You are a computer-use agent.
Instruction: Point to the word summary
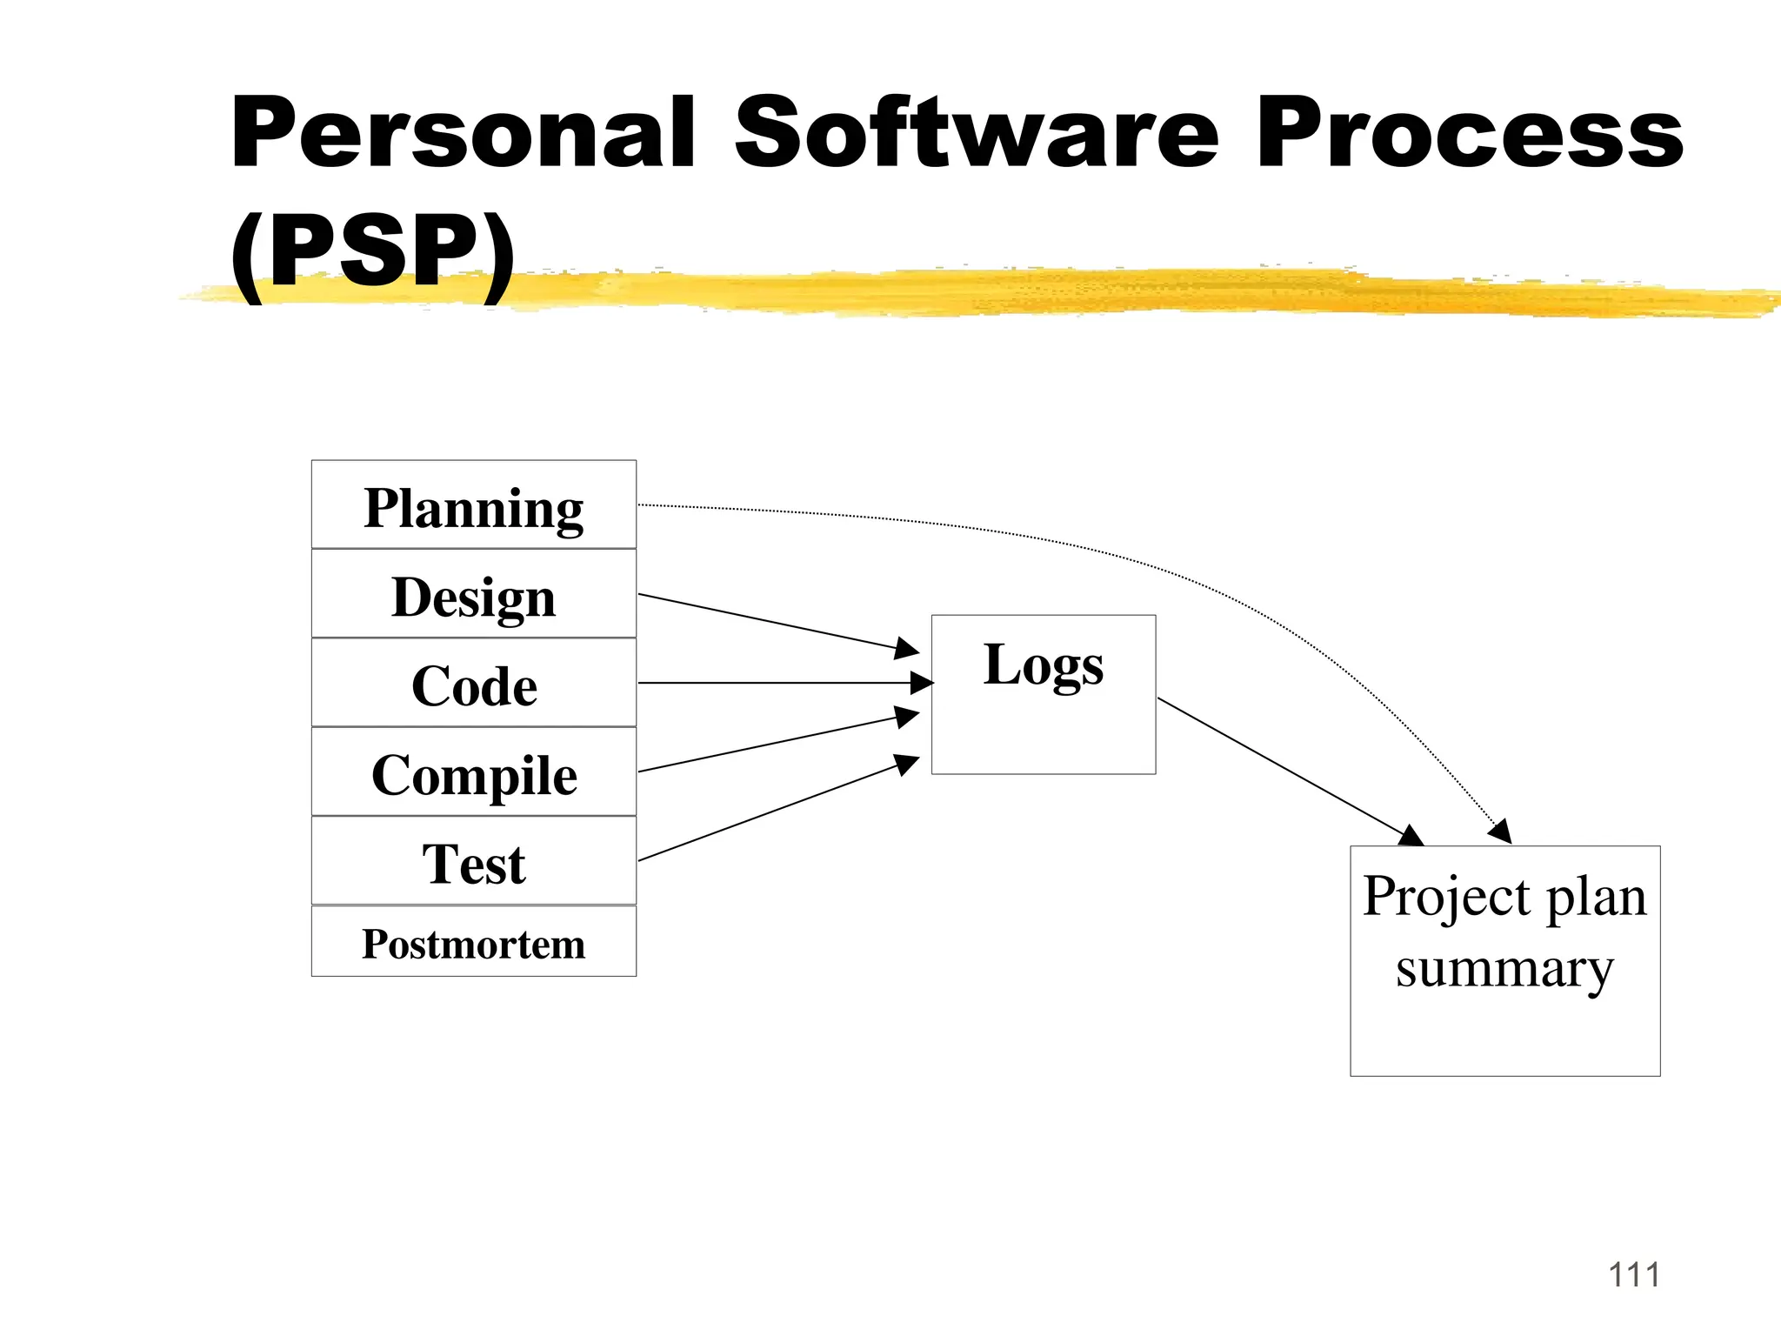click(x=1504, y=970)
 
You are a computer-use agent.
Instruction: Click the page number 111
click(x=1633, y=1275)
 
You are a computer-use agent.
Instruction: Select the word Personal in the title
click(x=463, y=133)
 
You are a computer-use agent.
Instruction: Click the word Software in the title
click(x=976, y=133)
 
